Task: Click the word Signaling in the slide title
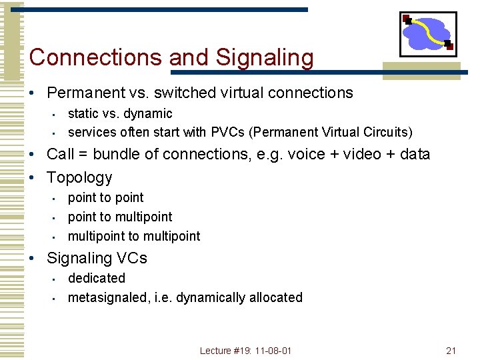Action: click(265, 58)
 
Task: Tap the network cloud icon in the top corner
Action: click(427, 33)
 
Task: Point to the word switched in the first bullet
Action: click(199, 93)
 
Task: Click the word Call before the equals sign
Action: click(61, 155)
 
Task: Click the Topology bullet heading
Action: click(79, 178)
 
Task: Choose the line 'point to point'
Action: click(105, 197)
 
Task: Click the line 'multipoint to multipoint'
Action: click(133, 236)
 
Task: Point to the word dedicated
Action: click(96, 278)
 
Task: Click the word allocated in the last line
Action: click(275, 297)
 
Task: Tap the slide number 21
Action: click(451, 351)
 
